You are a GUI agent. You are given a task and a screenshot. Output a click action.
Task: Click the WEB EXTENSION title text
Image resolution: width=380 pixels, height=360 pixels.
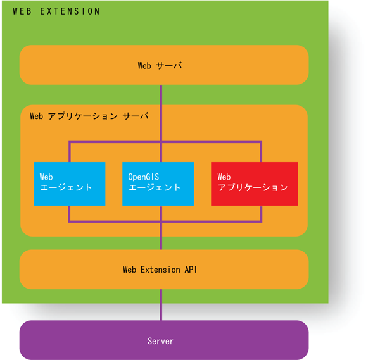[56, 11]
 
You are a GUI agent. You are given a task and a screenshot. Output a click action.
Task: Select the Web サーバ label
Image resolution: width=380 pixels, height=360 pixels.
[160, 66]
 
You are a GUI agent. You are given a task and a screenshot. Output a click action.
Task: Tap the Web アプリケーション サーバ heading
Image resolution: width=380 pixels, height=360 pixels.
[89, 116]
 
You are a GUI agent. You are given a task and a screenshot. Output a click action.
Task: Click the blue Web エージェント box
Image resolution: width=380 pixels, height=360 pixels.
[69, 183]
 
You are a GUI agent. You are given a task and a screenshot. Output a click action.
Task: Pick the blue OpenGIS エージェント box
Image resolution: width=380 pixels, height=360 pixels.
[158, 183]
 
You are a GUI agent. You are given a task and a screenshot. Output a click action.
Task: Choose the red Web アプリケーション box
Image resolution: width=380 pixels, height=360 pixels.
[254, 183]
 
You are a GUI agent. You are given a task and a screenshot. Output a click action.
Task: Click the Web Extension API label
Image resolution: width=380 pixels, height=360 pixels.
[160, 270]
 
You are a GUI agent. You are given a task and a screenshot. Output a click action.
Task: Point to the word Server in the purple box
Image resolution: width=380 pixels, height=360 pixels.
[160, 342]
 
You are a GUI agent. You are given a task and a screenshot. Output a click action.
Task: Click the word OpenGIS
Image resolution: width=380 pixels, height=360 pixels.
[144, 177]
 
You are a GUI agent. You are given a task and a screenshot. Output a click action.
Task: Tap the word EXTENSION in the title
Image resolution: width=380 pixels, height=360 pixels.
[70, 11]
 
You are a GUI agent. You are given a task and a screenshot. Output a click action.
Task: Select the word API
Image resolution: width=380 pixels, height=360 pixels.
[191, 270]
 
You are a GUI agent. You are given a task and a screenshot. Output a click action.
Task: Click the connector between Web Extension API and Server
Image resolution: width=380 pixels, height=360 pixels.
[161, 305]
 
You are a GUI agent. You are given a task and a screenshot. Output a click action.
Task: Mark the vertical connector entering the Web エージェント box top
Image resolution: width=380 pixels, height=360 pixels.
[70, 152]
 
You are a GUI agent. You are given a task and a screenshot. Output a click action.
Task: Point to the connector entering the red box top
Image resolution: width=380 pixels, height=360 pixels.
[261, 152]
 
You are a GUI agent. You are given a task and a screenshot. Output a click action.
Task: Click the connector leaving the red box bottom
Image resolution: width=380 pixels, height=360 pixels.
[261, 214]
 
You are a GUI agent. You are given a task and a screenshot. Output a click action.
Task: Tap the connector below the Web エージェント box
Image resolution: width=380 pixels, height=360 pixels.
[70, 214]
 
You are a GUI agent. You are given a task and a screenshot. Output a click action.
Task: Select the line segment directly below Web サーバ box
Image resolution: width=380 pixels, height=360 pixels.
[161, 95]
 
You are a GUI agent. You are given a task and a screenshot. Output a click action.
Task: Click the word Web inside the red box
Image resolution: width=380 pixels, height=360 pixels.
[224, 177]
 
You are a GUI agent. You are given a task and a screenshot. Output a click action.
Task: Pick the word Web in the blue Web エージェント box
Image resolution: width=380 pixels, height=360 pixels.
[46, 177]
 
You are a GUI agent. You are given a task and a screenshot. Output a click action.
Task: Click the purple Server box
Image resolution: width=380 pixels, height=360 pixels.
[164, 340]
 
